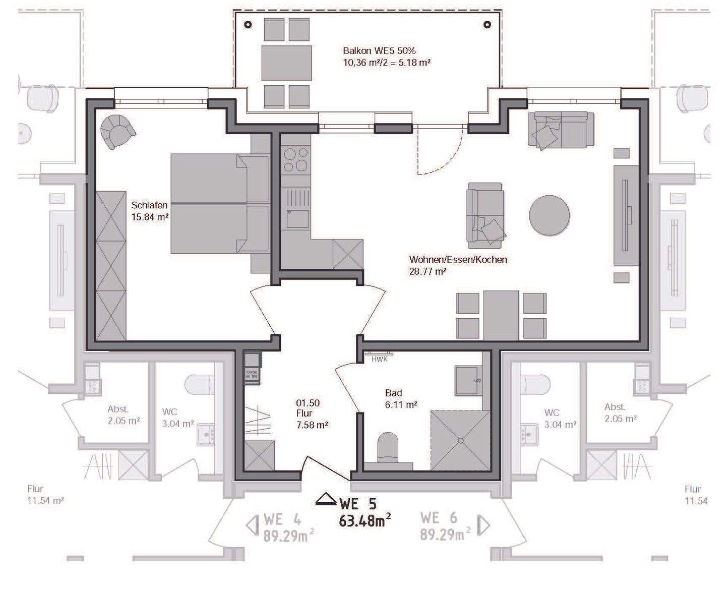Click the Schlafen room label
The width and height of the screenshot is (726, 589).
pyautogui.click(x=149, y=205)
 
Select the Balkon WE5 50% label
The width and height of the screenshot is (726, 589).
pyautogui.click(x=379, y=51)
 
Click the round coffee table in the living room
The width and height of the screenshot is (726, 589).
pyautogui.click(x=550, y=215)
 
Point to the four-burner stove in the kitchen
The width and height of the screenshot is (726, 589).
pyautogui.click(x=296, y=160)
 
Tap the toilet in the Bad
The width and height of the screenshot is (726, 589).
pyautogui.click(x=388, y=446)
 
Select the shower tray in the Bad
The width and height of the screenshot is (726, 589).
pyautogui.click(x=460, y=440)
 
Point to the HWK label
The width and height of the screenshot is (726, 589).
pyautogui.click(x=379, y=360)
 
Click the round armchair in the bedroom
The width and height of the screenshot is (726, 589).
pyautogui.click(x=118, y=131)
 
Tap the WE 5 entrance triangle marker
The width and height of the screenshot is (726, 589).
pyautogui.click(x=326, y=499)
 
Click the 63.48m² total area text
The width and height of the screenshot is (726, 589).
pyautogui.click(x=365, y=521)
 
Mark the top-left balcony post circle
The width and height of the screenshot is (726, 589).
pyautogui.click(x=248, y=25)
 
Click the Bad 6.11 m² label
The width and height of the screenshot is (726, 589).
pyautogui.click(x=401, y=398)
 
